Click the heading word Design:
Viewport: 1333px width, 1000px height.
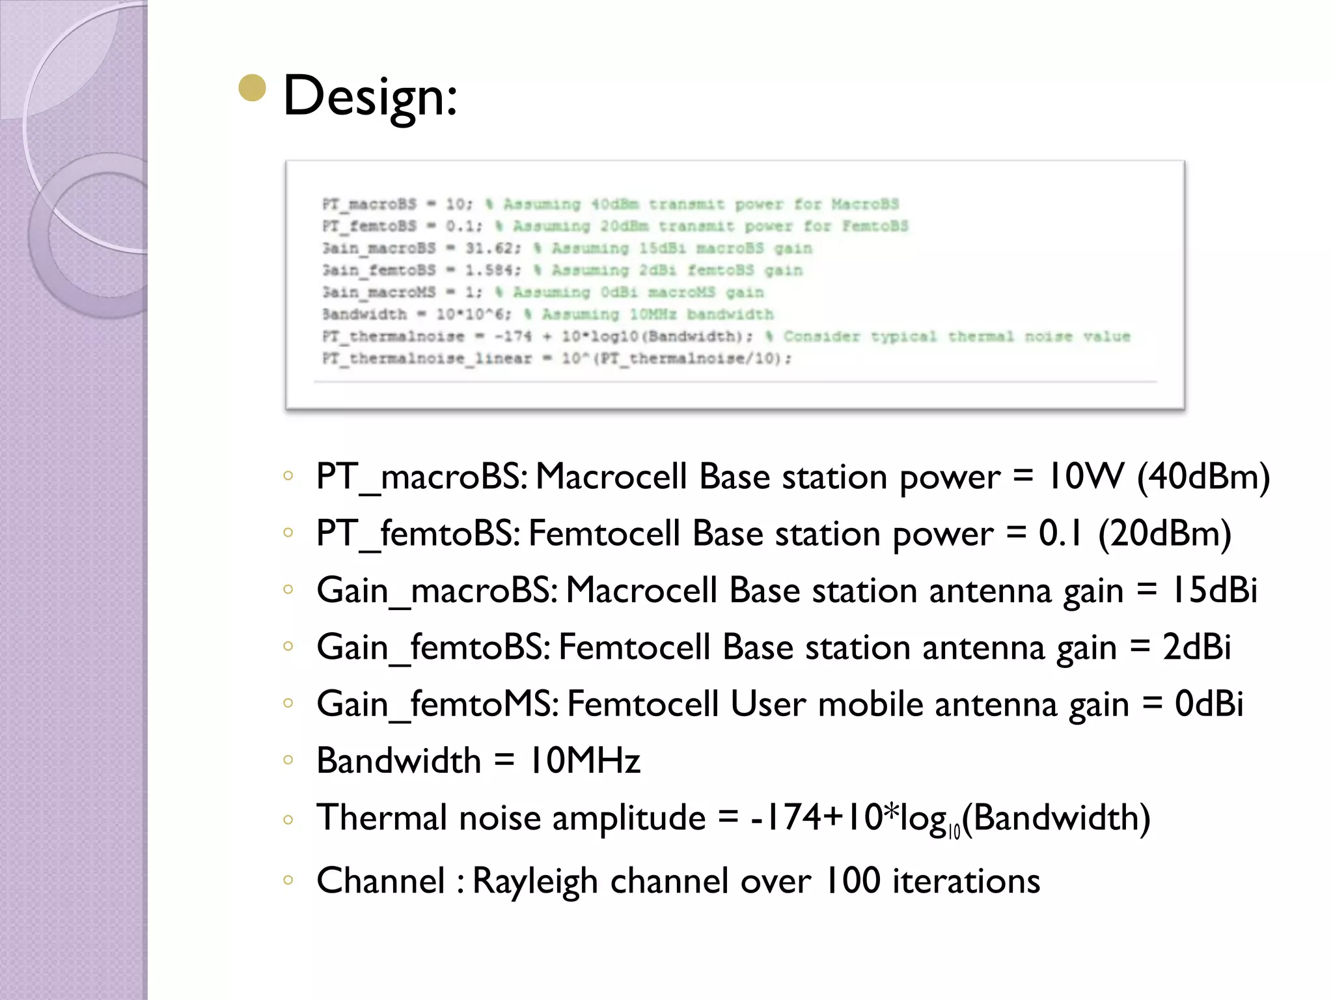click(370, 96)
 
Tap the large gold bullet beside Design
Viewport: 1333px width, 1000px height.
click(253, 89)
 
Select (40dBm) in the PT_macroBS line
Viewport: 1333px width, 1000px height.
click(1203, 477)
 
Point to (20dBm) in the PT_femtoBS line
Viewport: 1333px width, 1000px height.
click(1164, 533)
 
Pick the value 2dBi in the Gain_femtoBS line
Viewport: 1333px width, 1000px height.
click(1196, 647)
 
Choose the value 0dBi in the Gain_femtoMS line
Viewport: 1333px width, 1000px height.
click(1209, 704)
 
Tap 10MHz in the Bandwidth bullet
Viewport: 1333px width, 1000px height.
click(584, 760)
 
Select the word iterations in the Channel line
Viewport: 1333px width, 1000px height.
click(966, 882)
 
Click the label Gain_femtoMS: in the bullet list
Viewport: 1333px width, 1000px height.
click(437, 704)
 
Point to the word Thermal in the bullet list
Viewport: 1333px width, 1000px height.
click(381, 818)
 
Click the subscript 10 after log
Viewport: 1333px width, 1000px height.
click(954, 831)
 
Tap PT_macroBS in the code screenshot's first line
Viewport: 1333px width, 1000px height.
click(369, 204)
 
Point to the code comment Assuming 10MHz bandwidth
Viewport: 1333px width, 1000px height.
click(657, 315)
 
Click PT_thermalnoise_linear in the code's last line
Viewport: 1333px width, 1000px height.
click(427, 359)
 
